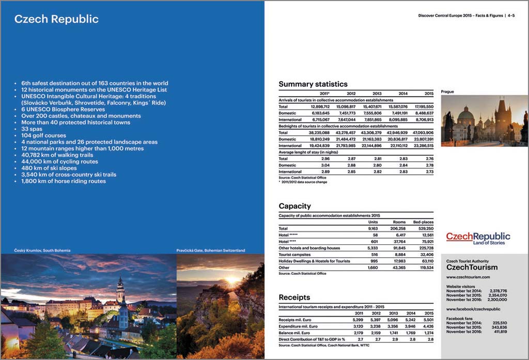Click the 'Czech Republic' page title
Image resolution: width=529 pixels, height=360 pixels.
(x=56, y=20)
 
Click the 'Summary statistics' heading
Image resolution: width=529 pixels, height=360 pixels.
(x=313, y=84)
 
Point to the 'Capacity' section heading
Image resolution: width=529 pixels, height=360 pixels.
(x=294, y=206)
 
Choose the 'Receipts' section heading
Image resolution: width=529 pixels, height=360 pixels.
(x=294, y=298)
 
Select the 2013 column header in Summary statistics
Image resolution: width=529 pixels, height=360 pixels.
(x=377, y=93)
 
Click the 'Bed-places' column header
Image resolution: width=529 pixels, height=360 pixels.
(x=423, y=222)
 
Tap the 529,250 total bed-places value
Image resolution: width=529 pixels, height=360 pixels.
(x=423, y=228)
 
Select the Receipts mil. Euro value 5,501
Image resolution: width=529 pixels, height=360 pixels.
(x=428, y=320)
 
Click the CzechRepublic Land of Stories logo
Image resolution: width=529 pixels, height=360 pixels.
(x=478, y=238)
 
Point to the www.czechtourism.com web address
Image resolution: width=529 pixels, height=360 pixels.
(x=469, y=277)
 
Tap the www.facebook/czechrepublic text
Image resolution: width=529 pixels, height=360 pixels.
(x=473, y=309)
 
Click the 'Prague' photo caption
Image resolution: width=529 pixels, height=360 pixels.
(x=447, y=92)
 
